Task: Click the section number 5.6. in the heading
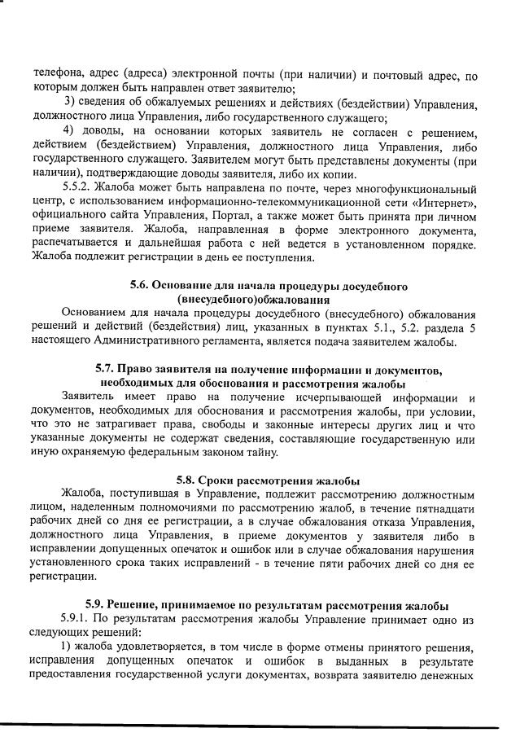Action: [142, 286]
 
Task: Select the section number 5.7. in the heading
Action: [107, 371]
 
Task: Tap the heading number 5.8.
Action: [189, 480]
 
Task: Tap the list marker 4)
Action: [71, 131]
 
